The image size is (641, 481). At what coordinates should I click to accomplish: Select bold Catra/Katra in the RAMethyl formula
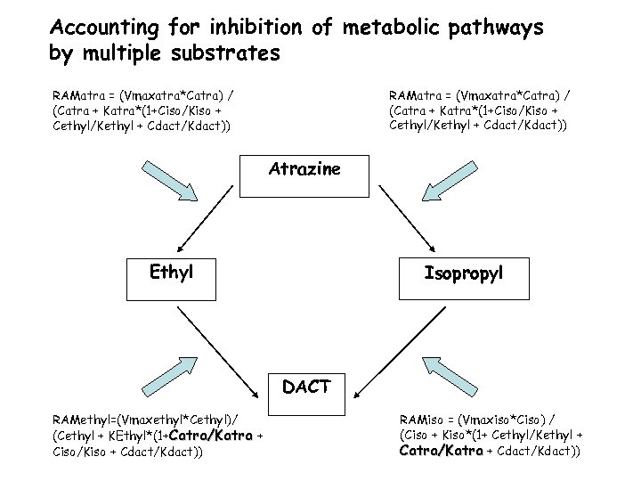point(210,436)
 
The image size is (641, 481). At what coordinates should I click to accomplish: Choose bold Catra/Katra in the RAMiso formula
point(441,451)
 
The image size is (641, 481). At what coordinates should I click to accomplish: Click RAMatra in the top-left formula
point(80,94)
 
